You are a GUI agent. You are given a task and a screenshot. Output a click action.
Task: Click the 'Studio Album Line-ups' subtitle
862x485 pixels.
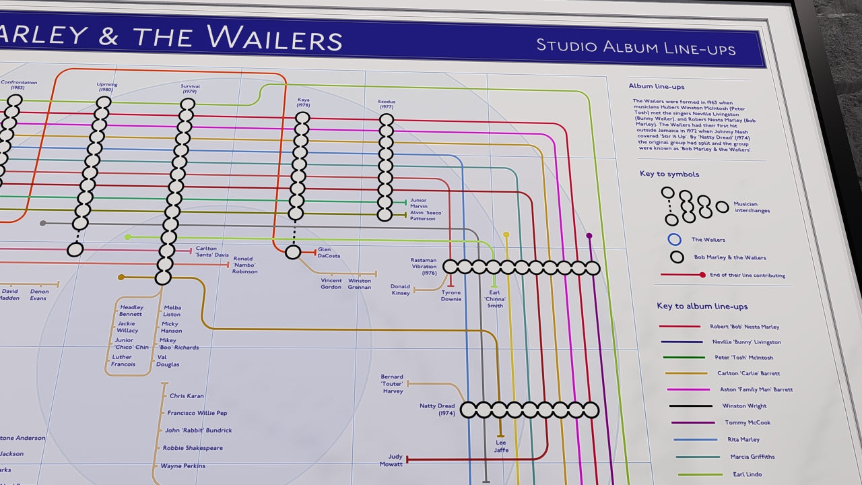pos(635,47)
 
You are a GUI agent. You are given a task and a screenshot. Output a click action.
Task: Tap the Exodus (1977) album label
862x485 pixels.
pos(386,104)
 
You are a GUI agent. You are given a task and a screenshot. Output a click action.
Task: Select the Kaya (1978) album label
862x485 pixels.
pos(303,102)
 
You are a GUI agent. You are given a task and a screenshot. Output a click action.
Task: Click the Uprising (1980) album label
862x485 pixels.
pos(106,87)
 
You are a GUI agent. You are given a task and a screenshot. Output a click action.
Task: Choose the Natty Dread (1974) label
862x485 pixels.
pos(437,410)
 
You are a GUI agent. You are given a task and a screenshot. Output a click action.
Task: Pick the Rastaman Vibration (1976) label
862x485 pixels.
pos(424,267)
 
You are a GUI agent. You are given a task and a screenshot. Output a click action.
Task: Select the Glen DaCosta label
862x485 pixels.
pos(329,253)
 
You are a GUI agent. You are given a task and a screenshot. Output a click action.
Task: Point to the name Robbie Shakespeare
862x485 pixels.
pos(193,448)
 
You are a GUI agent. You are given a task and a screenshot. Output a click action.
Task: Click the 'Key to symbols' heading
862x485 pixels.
pos(669,174)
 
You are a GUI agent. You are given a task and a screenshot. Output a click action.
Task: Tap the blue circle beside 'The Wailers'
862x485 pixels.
pos(675,239)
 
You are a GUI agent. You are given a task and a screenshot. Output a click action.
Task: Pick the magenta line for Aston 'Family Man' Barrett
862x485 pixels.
pos(688,389)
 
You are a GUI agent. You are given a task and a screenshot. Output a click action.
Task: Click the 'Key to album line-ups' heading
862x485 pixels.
pos(702,306)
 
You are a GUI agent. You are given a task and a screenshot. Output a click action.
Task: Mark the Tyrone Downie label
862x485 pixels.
pos(451,296)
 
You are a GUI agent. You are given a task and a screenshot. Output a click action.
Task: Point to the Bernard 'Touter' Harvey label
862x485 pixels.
pos(392,384)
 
